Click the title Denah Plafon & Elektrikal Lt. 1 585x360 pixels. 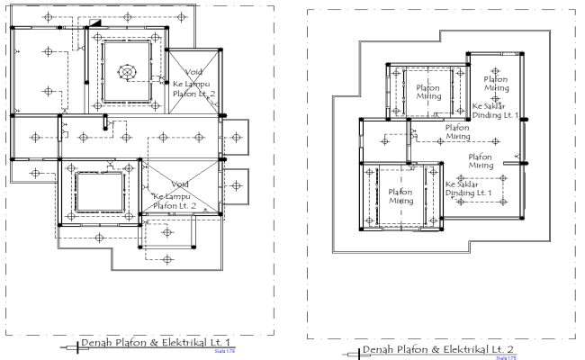(x=155, y=342)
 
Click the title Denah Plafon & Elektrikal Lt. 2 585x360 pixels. (x=438, y=349)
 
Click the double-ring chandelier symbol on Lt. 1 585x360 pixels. (x=129, y=71)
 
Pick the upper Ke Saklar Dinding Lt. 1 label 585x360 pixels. (x=494, y=110)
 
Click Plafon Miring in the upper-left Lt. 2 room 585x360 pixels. (x=427, y=93)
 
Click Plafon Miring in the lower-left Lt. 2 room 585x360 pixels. (x=400, y=196)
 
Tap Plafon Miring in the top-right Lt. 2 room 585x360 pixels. (x=495, y=83)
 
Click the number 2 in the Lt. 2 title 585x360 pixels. (x=512, y=349)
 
